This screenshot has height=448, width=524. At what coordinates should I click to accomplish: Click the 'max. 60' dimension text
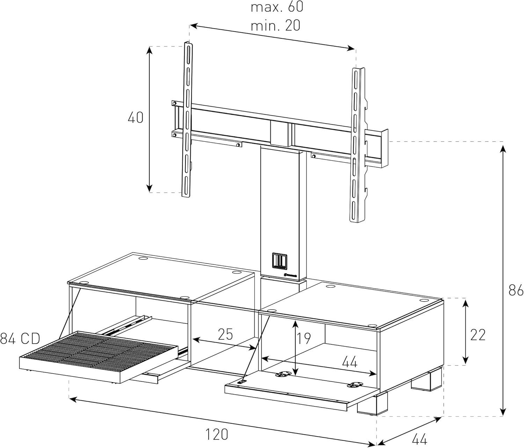coord(277,7)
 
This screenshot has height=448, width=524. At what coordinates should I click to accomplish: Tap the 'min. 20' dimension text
coord(275,25)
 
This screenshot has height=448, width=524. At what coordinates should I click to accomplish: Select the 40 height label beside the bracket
coord(136,118)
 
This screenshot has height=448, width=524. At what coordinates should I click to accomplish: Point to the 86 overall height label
coord(516,290)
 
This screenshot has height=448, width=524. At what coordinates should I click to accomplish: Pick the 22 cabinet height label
coord(478,335)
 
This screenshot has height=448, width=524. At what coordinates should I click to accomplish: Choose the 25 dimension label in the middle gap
coord(225,334)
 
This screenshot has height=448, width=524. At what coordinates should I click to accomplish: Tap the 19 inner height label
coord(304,338)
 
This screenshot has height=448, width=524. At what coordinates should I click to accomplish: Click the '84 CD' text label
coord(20,339)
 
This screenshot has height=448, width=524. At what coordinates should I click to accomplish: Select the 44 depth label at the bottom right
coord(420,439)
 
